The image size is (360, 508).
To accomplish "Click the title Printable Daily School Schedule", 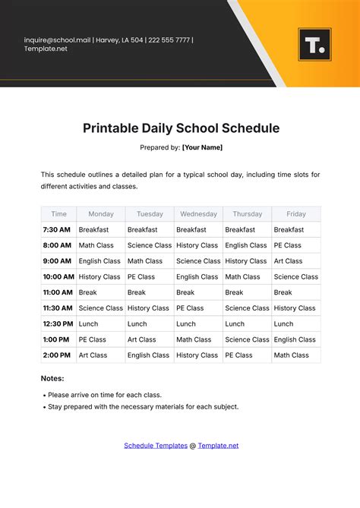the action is [181, 128].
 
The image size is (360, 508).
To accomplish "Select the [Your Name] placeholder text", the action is [202, 147].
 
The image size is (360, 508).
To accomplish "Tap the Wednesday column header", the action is [197, 214].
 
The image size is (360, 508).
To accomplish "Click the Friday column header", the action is [296, 214].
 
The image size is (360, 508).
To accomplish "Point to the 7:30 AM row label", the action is [57, 229].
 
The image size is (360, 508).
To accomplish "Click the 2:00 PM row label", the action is [57, 355].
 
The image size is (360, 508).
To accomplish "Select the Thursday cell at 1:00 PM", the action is [247, 339].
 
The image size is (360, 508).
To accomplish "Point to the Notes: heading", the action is [52, 378].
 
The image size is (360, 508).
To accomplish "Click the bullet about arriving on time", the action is [104, 395].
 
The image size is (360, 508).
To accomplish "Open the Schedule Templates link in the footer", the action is [156, 446].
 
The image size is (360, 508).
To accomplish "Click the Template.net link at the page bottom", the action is [218, 446].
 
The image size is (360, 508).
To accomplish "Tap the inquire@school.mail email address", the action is [57, 39].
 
